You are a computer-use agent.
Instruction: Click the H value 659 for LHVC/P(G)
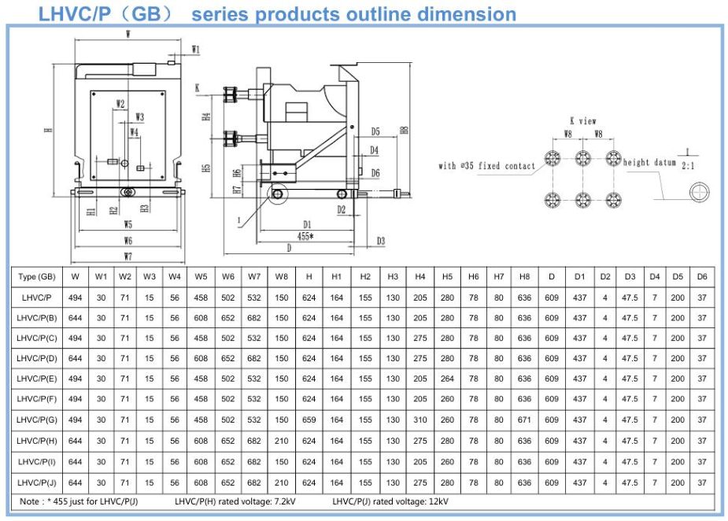tap(309, 420)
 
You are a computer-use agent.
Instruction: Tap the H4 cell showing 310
tap(420, 420)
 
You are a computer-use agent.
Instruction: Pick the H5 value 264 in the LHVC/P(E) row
tap(447, 379)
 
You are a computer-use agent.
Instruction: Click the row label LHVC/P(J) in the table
tap(37, 482)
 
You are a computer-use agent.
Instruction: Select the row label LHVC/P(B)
tap(37, 318)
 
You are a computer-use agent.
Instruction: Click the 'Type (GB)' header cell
tap(37, 277)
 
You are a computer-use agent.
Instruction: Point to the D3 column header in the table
tap(630, 277)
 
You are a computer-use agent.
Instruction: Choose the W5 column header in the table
tap(201, 277)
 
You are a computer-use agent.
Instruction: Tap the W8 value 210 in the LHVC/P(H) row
tap(282, 441)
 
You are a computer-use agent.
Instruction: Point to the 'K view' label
tap(583, 121)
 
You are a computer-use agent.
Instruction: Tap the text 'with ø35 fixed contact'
tap(486, 166)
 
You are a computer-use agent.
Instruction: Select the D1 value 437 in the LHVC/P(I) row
tap(579, 462)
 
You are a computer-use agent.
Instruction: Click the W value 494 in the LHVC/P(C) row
tap(75, 338)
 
